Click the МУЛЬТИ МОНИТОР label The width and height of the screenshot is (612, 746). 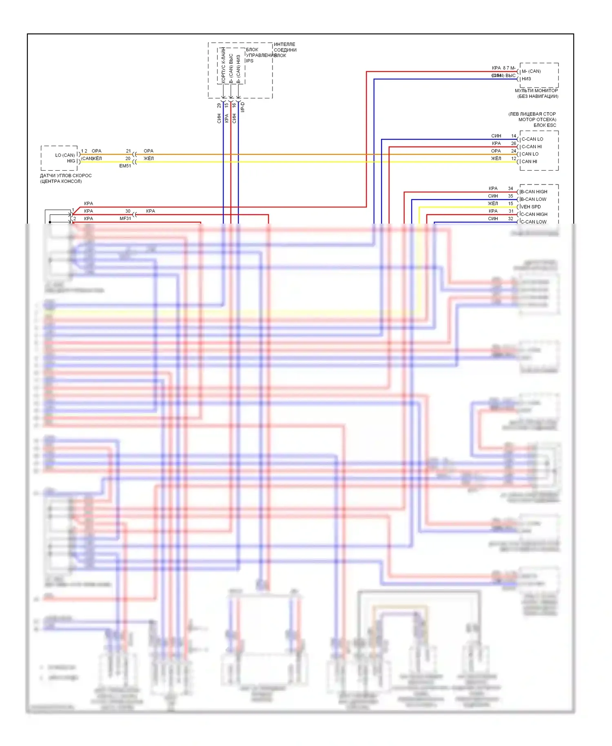click(536, 91)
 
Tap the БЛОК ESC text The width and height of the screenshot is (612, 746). click(545, 125)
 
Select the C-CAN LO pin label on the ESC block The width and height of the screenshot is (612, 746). click(532, 139)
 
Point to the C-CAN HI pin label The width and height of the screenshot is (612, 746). click(532, 147)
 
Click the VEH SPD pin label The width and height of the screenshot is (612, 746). click(530, 207)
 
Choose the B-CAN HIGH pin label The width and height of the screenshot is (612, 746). click(534, 192)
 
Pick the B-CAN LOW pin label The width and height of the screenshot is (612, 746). click(533, 200)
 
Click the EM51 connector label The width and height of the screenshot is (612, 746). click(125, 166)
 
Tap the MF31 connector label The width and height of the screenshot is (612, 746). click(125, 219)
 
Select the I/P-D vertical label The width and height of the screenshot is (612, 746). click(243, 107)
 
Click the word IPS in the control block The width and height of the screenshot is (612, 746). click(249, 61)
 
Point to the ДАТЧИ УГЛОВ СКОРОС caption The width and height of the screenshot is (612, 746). click(66, 176)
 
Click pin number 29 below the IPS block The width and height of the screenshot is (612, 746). click(219, 105)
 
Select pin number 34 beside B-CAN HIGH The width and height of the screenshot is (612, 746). click(510, 189)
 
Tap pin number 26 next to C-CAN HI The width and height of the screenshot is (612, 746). click(514, 144)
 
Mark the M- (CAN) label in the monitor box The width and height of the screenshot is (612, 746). click(531, 71)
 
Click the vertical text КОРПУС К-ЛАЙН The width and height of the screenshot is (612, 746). click(224, 65)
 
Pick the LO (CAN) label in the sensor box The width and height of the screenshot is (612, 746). click(65, 155)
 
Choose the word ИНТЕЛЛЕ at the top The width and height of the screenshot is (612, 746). click(284, 44)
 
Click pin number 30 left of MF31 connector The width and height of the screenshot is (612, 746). click(128, 211)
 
